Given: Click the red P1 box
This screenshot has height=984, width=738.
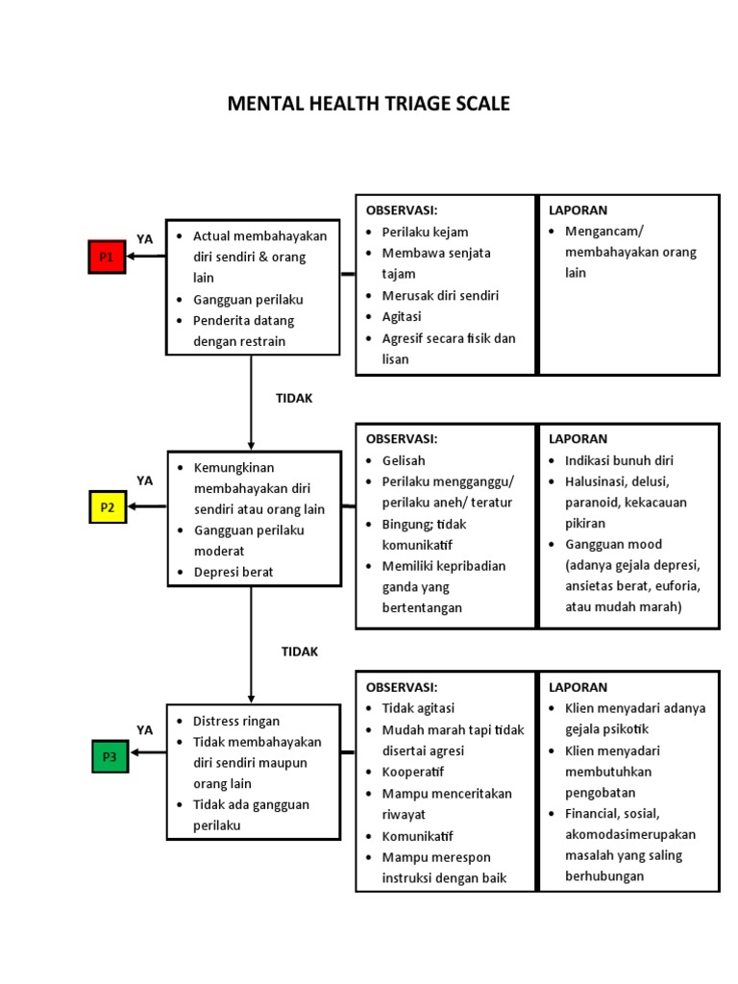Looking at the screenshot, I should click(x=107, y=257).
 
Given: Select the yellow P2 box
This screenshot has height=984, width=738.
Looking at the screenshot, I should click(x=108, y=506).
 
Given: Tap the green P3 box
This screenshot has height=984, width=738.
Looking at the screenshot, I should click(x=111, y=757).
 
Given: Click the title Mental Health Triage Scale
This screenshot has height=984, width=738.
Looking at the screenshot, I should click(x=368, y=104).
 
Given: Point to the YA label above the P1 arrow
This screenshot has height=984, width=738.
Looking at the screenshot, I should click(x=144, y=238).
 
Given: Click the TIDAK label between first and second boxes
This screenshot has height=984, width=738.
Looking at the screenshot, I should click(x=295, y=398).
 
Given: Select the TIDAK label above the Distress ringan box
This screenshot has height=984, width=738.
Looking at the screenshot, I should click(x=299, y=652).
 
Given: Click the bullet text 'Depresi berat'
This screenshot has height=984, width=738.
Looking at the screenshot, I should click(x=234, y=572).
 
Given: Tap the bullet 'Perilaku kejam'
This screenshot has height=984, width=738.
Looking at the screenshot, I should click(x=425, y=232).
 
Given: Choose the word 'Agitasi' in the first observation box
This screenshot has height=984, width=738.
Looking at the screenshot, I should click(x=402, y=316).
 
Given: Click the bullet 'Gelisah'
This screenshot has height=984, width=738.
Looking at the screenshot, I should click(x=405, y=459).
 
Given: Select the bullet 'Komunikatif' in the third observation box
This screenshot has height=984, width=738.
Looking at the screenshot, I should click(x=418, y=835).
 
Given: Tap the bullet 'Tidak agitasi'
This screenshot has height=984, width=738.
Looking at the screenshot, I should click(x=418, y=708).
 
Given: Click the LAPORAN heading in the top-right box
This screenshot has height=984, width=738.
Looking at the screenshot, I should click(x=578, y=209).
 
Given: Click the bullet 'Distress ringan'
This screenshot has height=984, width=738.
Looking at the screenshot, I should click(x=236, y=721).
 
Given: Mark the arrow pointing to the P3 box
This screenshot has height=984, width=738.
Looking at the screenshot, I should click(x=147, y=752).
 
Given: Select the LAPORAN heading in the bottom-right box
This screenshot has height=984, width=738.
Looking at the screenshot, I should click(x=578, y=687).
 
